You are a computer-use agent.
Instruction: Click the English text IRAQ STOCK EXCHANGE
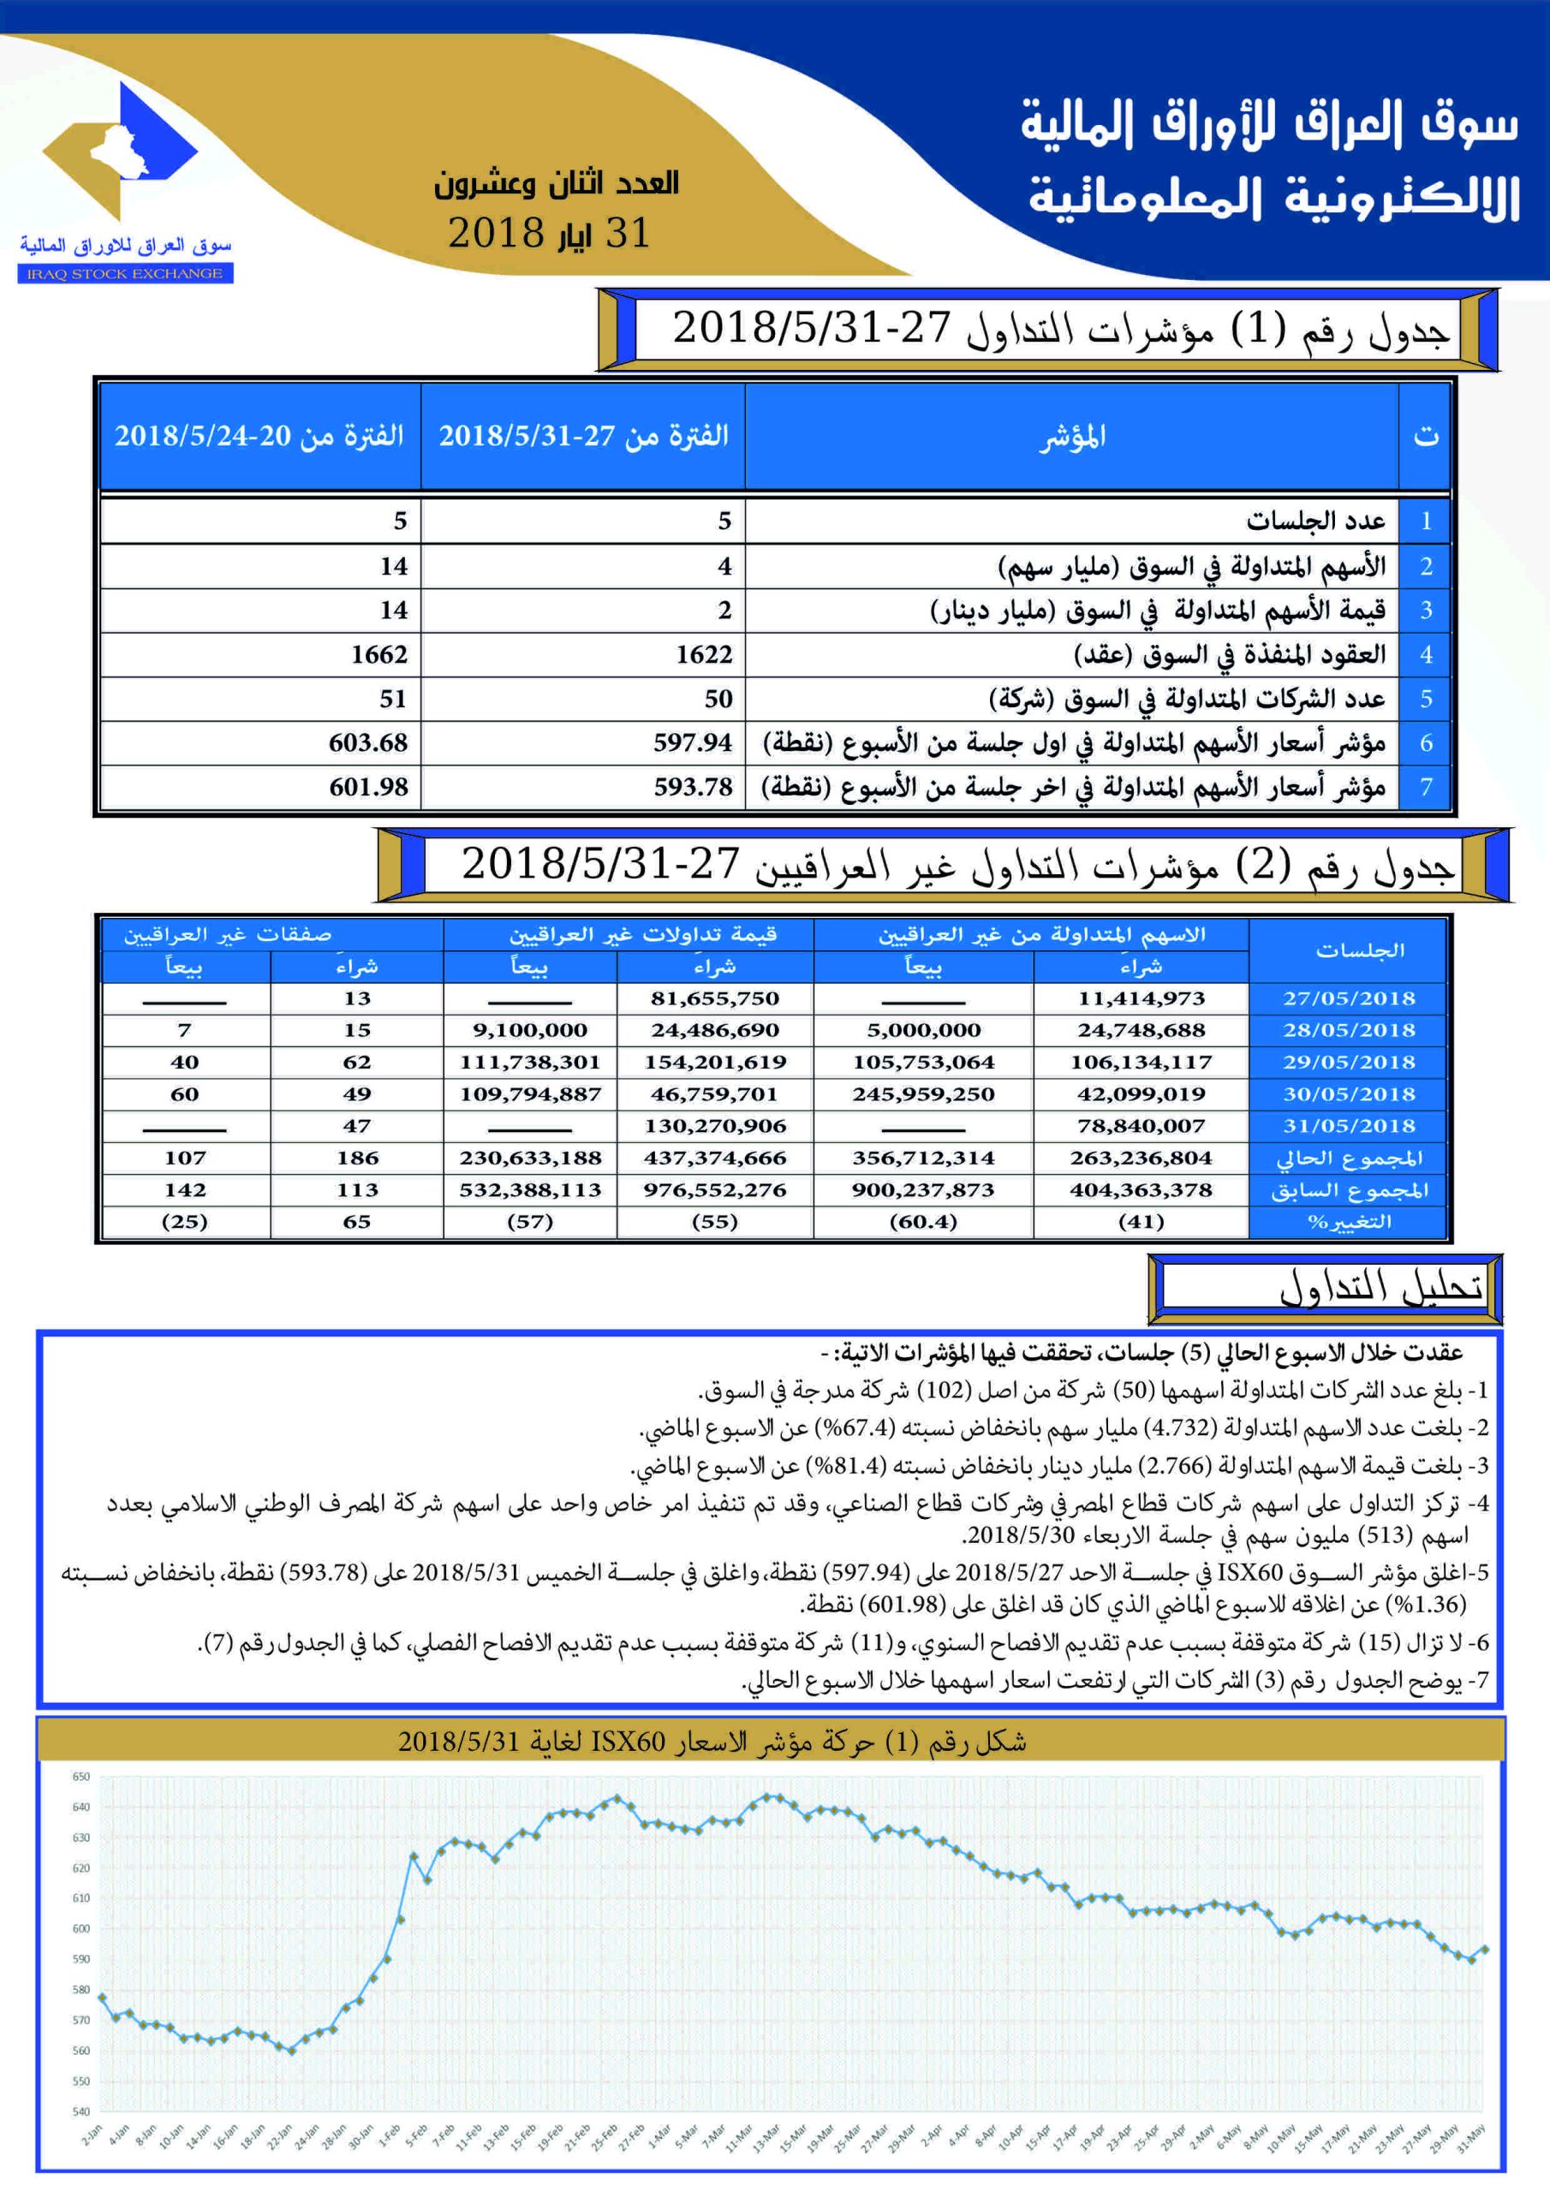125,274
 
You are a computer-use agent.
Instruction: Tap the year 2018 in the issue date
496,234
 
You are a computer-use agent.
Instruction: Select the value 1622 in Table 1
704,655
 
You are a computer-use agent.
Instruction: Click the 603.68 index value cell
367,742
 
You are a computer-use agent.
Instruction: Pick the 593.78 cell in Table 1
693,788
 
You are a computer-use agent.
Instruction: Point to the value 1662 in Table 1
379,655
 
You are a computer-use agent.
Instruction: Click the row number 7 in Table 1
1425,788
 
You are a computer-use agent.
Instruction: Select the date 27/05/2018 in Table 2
1348,998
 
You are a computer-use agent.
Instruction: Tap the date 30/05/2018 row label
1348,1094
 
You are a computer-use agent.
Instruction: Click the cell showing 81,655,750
714,998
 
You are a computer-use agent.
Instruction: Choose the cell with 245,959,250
922,1094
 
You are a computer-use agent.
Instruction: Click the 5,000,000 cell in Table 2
922,1030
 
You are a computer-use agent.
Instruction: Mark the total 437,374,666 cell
714,1158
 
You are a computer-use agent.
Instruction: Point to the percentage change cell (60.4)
922,1222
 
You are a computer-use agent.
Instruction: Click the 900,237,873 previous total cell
922,1190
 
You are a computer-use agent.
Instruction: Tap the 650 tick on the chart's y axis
81,1777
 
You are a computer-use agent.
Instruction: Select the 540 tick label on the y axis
81,2112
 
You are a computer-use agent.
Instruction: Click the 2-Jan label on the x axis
92,2135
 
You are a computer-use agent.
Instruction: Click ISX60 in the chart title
629,1742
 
